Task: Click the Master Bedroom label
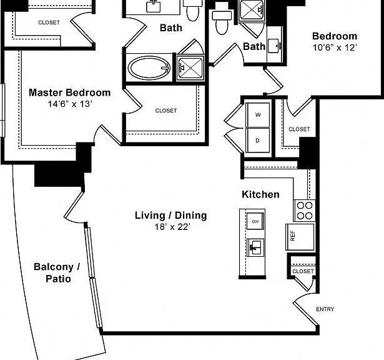tap(70, 92)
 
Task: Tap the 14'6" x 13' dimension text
tap(70, 104)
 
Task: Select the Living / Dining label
tap(171, 216)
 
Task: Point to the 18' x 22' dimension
tap(172, 227)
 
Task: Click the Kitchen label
tap(260, 194)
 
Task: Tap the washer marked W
tap(258, 115)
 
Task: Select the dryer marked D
tap(258, 141)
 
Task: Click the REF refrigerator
tap(300, 237)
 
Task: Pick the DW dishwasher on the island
tap(255, 221)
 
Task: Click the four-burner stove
tap(305, 211)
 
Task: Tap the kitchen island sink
tap(255, 247)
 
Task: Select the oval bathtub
tap(149, 68)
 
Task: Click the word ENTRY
tap(325, 309)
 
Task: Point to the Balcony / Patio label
tap(57, 272)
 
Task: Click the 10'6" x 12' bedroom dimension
tap(335, 47)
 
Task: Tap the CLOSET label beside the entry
tap(303, 271)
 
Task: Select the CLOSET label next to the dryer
tap(299, 129)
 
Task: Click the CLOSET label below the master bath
tap(166, 111)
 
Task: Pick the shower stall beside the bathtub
tap(190, 68)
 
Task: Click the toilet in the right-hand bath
tap(222, 22)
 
